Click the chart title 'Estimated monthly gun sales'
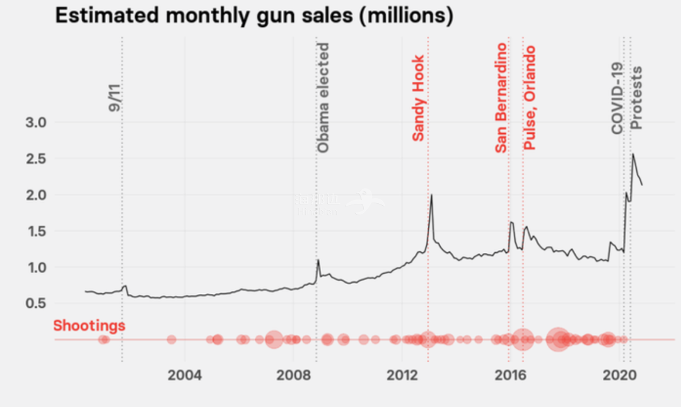pyautogui.click(x=253, y=16)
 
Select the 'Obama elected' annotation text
pyautogui.click(x=323, y=98)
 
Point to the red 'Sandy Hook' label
pyautogui.click(x=418, y=97)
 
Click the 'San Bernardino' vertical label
pyautogui.click(x=501, y=98)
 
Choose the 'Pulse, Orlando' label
pyautogui.click(x=530, y=98)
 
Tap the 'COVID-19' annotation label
pyautogui.click(x=617, y=98)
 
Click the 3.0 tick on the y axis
pyautogui.click(x=36, y=122)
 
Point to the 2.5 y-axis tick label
pyautogui.click(x=36, y=158)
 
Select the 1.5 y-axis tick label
pyautogui.click(x=36, y=231)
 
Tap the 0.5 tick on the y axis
pyautogui.click(x=36, y=304)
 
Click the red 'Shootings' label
pyautogui.click(x=89, y=326)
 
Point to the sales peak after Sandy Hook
pyautogui.click(x=431, y=195)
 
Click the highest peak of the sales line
pyautogui.click(x=633, y=154)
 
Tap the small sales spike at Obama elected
pyautogui.click(x=318, y=260)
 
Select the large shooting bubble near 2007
pyautogui.click(x=273, y=339)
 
